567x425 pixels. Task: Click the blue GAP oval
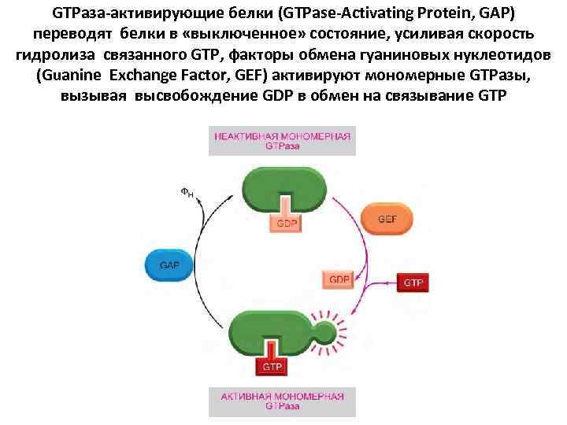point(169,265)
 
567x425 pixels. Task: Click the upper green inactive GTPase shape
point(283,187)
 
